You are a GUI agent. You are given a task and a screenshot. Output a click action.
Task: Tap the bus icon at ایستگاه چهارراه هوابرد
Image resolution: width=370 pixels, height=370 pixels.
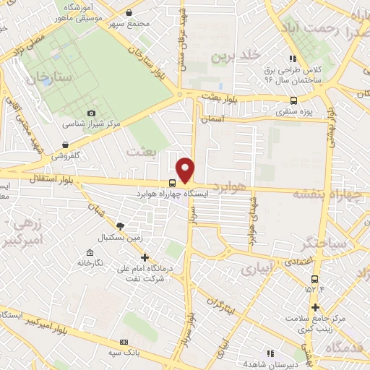click(x=171, y=184)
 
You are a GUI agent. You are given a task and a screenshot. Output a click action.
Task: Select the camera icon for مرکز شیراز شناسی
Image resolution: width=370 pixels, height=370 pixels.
click(x=91, y=113)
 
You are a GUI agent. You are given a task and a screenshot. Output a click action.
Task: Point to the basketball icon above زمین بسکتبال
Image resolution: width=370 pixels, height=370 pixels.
click(x=120, y=226)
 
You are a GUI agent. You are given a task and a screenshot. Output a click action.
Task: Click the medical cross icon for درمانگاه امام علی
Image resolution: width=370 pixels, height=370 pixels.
click(x=145, y=257)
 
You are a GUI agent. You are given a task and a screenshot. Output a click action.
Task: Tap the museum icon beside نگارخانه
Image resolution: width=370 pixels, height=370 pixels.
click(x=89, y=252)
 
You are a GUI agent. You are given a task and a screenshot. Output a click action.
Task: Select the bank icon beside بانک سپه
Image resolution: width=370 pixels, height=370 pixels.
click(x=124, y=341)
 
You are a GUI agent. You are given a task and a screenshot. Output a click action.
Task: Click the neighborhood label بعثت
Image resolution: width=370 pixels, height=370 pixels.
click(x=140, y=152)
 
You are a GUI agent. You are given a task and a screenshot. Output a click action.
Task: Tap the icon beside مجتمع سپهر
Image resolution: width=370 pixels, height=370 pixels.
click(x=129, y=13)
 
